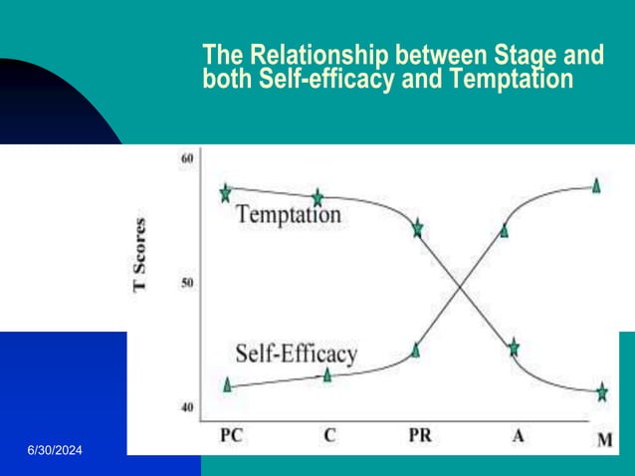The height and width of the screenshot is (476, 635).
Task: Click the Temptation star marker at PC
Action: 226,192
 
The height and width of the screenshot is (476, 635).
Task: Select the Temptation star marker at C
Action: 318,198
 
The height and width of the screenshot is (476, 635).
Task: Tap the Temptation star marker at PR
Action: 418,228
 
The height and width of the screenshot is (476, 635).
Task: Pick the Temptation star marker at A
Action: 514,348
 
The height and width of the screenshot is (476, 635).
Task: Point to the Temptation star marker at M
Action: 601,392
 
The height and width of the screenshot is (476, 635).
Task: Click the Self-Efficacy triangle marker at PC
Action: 228,384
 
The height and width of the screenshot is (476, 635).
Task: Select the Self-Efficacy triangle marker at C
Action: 327,374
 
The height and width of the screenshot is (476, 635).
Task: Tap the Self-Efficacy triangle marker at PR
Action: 416,350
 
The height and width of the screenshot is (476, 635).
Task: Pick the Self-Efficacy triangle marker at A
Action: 505,230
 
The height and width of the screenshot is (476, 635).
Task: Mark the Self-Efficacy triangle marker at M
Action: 596,184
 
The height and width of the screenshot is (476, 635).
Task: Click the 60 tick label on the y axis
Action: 187,159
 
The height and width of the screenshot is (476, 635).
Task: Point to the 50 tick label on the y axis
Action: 187,283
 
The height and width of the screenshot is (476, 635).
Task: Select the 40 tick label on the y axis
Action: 187,406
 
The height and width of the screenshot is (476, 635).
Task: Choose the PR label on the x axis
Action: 421,435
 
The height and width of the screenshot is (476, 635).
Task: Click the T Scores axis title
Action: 139,254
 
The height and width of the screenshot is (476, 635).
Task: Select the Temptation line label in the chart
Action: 288,214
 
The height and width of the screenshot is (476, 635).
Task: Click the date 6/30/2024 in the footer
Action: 55,453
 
